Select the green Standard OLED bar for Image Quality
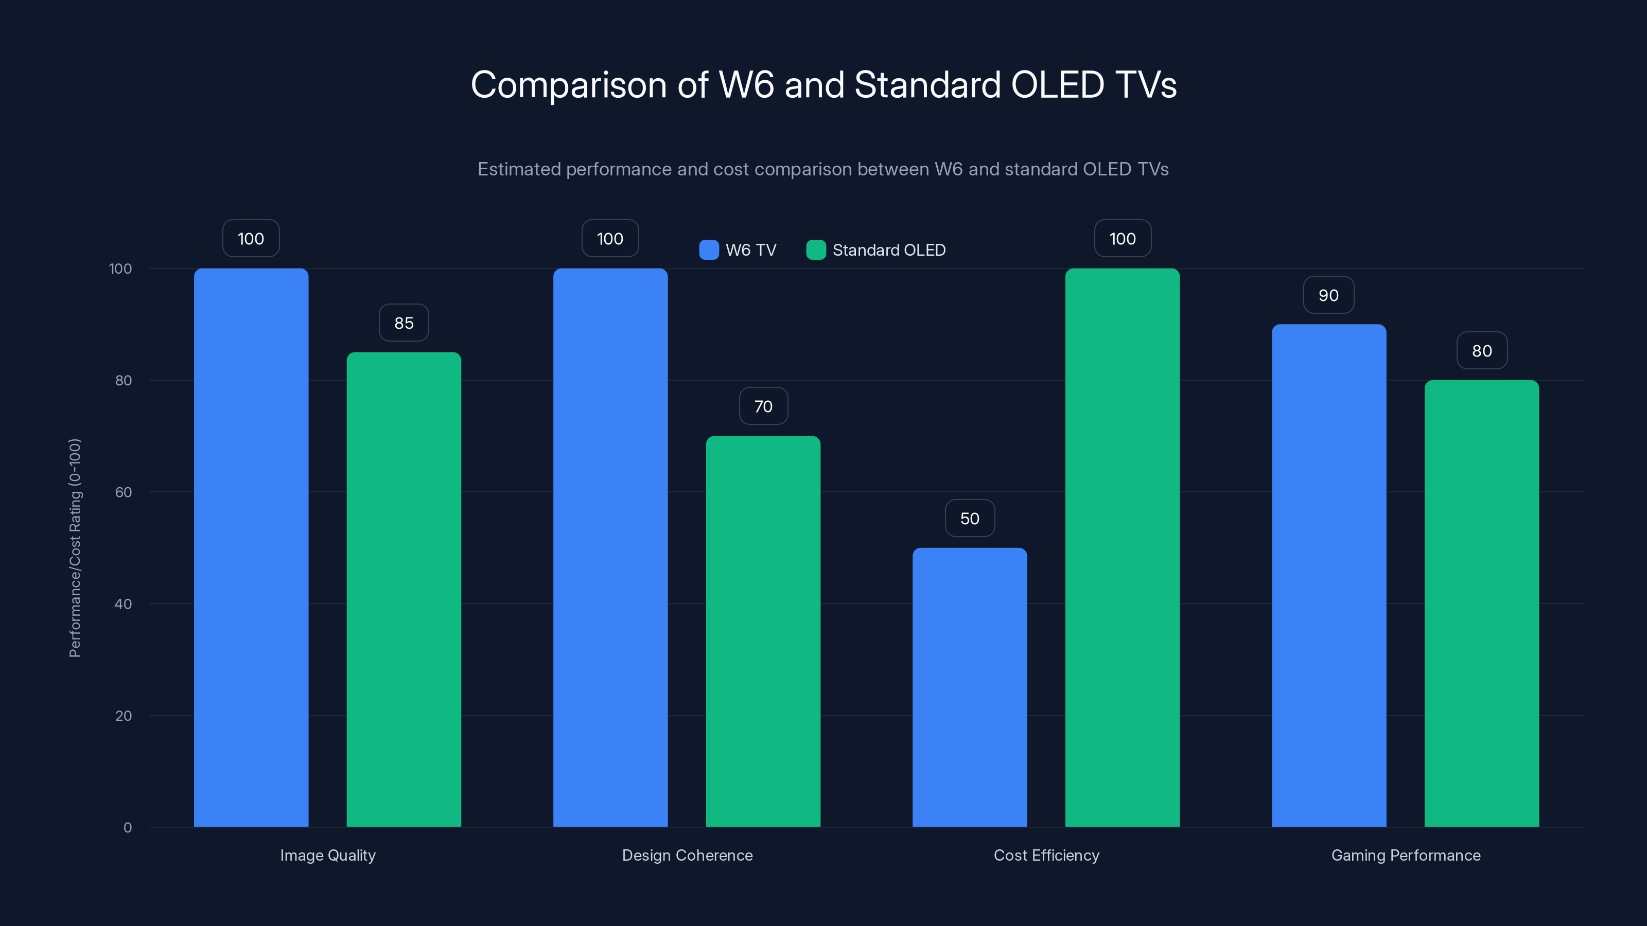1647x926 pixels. (404, 589)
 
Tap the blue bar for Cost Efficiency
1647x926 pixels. (969, 687)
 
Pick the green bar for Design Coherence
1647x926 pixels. (763, 631)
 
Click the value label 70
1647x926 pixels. (763, 406)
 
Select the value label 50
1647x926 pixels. (969, 518)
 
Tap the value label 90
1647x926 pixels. (1328, 295)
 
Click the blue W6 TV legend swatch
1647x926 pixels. (708, 250)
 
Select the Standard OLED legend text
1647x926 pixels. (889, 250)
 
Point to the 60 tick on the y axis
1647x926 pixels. (124, 492)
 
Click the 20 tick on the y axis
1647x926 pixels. (124, 716)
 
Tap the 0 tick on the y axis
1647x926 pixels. (127, 828)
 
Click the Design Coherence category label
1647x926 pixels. (687, 855)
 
